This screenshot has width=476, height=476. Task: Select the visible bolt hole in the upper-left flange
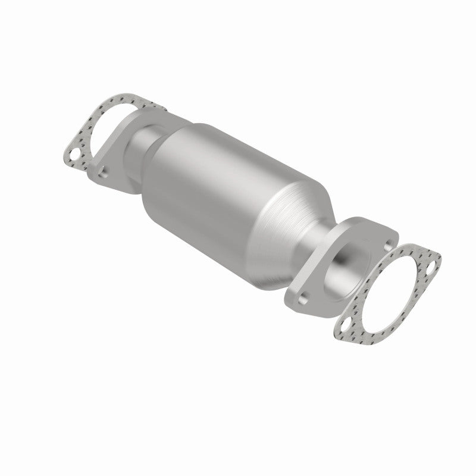[104, 172]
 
